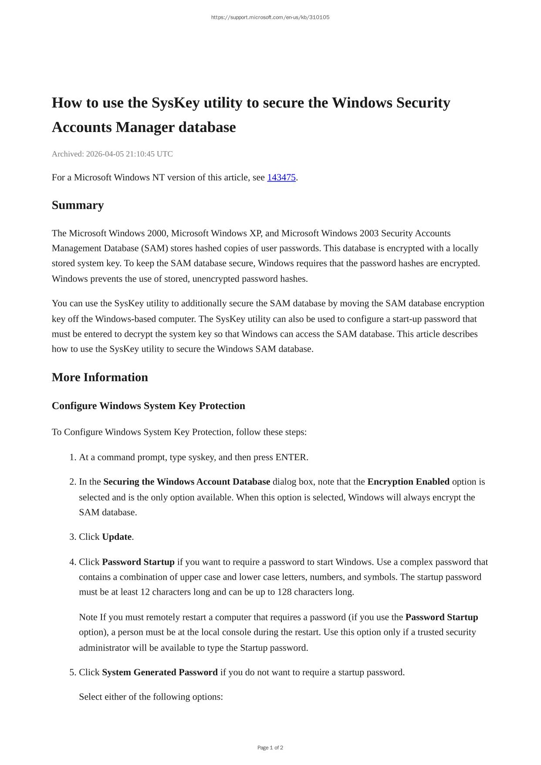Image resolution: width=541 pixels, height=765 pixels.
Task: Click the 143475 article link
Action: click(x=281, y=178)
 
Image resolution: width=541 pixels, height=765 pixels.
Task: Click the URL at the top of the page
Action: click(x=270, y=17)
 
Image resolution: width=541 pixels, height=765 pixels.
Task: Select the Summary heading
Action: click(x=78, y=205)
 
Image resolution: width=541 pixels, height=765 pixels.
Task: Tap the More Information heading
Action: click(x=100, y=377)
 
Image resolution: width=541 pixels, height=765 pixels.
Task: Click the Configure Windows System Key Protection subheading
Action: click(x=148, y=406)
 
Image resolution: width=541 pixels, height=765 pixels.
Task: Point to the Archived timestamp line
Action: click(x=112, y=154)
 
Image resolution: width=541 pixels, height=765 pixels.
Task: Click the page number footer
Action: click(x=270, y=748)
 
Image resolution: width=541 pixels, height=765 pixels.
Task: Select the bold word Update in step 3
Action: click(x=117, y=537)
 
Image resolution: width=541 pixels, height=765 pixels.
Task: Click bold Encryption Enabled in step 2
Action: click(x=408, y=482)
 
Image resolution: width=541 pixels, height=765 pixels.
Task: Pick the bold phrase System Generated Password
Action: click(x=159, y=672)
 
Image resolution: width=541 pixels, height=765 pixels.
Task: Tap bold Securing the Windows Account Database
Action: click(x=186, y=482)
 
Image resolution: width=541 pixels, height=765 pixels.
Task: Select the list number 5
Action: click(x=73, y=672)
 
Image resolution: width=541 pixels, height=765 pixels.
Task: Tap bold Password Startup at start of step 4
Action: click(x=138, y=562)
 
